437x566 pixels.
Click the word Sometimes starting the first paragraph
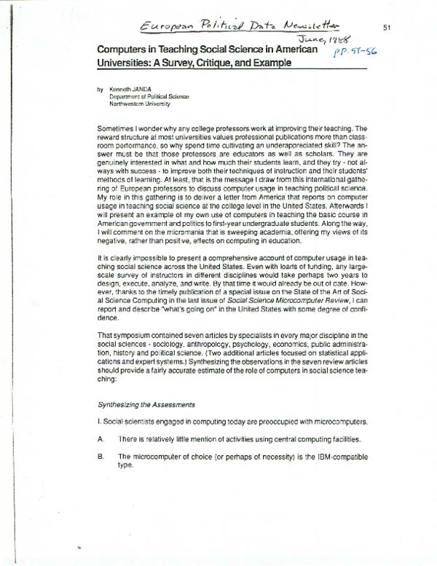(x=117, y=127)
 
